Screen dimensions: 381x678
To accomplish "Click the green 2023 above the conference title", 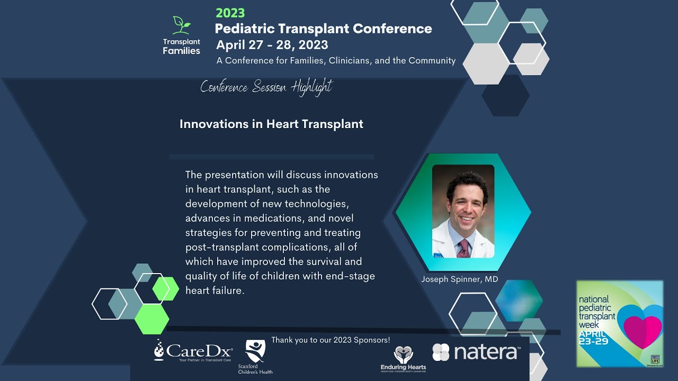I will [230, 13].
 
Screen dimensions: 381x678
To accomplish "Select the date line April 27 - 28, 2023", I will [272, 45].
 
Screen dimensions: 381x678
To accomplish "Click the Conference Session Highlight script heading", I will [266, 87].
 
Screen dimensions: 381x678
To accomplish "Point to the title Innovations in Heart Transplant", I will [271, 124].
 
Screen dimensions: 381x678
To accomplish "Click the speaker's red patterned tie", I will [464, 248].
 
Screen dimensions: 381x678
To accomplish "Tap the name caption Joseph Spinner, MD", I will [459, 279].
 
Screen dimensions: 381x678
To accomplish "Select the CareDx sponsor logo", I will [193, 351].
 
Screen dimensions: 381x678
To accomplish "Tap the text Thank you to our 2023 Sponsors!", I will [331, 340].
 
